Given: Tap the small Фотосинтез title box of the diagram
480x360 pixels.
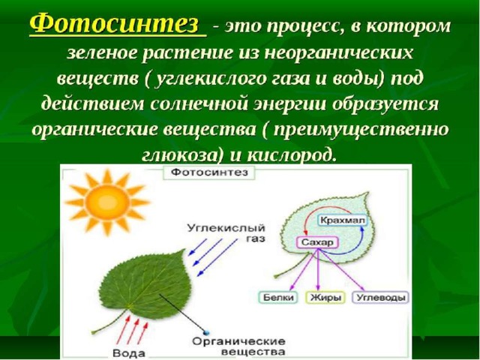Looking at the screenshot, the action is [209, 172].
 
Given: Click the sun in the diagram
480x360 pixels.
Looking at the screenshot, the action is [106, 202].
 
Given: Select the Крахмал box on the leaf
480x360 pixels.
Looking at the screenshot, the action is [343, 220].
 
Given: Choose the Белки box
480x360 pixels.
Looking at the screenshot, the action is [278, 297].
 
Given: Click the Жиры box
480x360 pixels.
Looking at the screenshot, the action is [325, 298].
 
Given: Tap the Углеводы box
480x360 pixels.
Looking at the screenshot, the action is [381, 298].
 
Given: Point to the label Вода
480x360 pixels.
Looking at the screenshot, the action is [128, 353].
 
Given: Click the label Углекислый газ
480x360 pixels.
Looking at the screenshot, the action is [226, 233].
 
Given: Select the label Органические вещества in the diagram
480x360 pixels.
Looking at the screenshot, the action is [238, 346].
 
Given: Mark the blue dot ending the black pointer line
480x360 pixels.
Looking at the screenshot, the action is [205, 332].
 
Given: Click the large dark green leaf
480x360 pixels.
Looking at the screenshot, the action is [144, 285].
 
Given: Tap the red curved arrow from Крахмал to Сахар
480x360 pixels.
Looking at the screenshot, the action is [322, 211].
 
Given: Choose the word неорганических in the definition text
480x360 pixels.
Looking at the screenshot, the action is [339, 53].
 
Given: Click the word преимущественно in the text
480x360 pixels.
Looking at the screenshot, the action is [361, 130].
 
